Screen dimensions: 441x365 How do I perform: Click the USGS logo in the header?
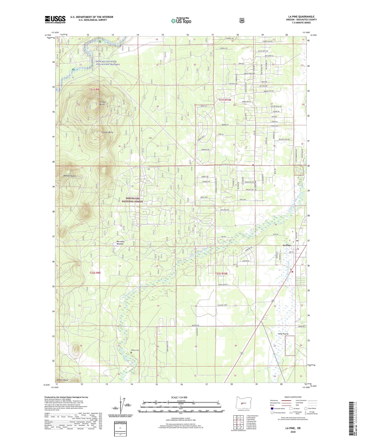(x=55, y=19)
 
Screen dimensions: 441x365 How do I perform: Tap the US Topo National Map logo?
(x=181, y=20)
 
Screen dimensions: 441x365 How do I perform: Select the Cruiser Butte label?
(x=107, y=132)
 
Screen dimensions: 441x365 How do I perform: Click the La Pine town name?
(x=287, y=245)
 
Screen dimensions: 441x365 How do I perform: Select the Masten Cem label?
(x=135, y=350)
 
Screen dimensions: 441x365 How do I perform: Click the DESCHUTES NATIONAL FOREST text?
(x=133, y=200)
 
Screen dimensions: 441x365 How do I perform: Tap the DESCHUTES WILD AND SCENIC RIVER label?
(x=107, y=63)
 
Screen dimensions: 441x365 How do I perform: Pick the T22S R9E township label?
(x=95, y=273)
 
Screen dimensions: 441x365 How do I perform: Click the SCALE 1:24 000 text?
(x=179, y=397)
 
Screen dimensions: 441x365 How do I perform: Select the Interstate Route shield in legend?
(x=272, y=408)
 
